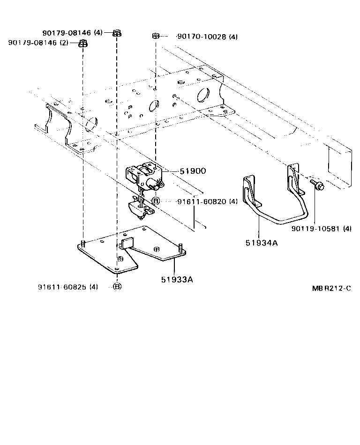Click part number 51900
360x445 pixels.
193,171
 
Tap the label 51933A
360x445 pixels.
177,280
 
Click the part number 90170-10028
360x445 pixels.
207,37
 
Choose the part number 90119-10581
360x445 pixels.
321,229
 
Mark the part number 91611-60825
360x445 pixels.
68,287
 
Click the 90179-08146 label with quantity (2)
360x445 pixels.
38,43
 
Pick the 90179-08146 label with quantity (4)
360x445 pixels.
72,32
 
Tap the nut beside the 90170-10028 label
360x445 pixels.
157,36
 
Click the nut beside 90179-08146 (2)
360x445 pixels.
83,44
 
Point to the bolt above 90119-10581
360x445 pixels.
317,186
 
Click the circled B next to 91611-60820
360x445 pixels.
156,201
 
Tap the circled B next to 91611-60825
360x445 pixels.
117,287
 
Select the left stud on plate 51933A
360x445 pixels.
83,244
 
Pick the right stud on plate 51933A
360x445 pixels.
180,247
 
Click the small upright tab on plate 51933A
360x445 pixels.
127,243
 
